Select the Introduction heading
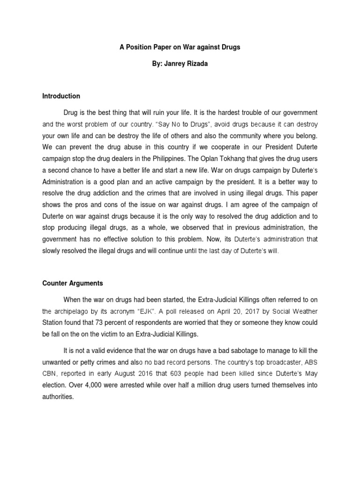[61, 96]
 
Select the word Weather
[303, 311]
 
